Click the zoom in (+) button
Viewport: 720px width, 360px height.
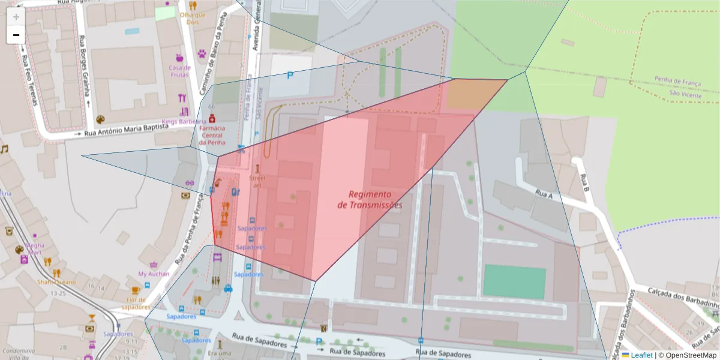pos(16,17)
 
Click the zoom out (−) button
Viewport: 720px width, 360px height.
pos(16,35)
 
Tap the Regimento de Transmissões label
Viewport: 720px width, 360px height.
pos(370,199)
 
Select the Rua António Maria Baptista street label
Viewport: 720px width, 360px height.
pos(125,131)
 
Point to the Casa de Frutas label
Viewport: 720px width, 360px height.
pos(179,71)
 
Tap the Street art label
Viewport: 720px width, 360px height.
pos(257,181)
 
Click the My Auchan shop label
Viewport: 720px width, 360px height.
pos(154,274)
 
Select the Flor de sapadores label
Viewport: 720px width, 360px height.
pos(136,303)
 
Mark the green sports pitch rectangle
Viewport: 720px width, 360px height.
pos(514,281)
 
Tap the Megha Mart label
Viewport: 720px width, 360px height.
pos(34,248)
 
